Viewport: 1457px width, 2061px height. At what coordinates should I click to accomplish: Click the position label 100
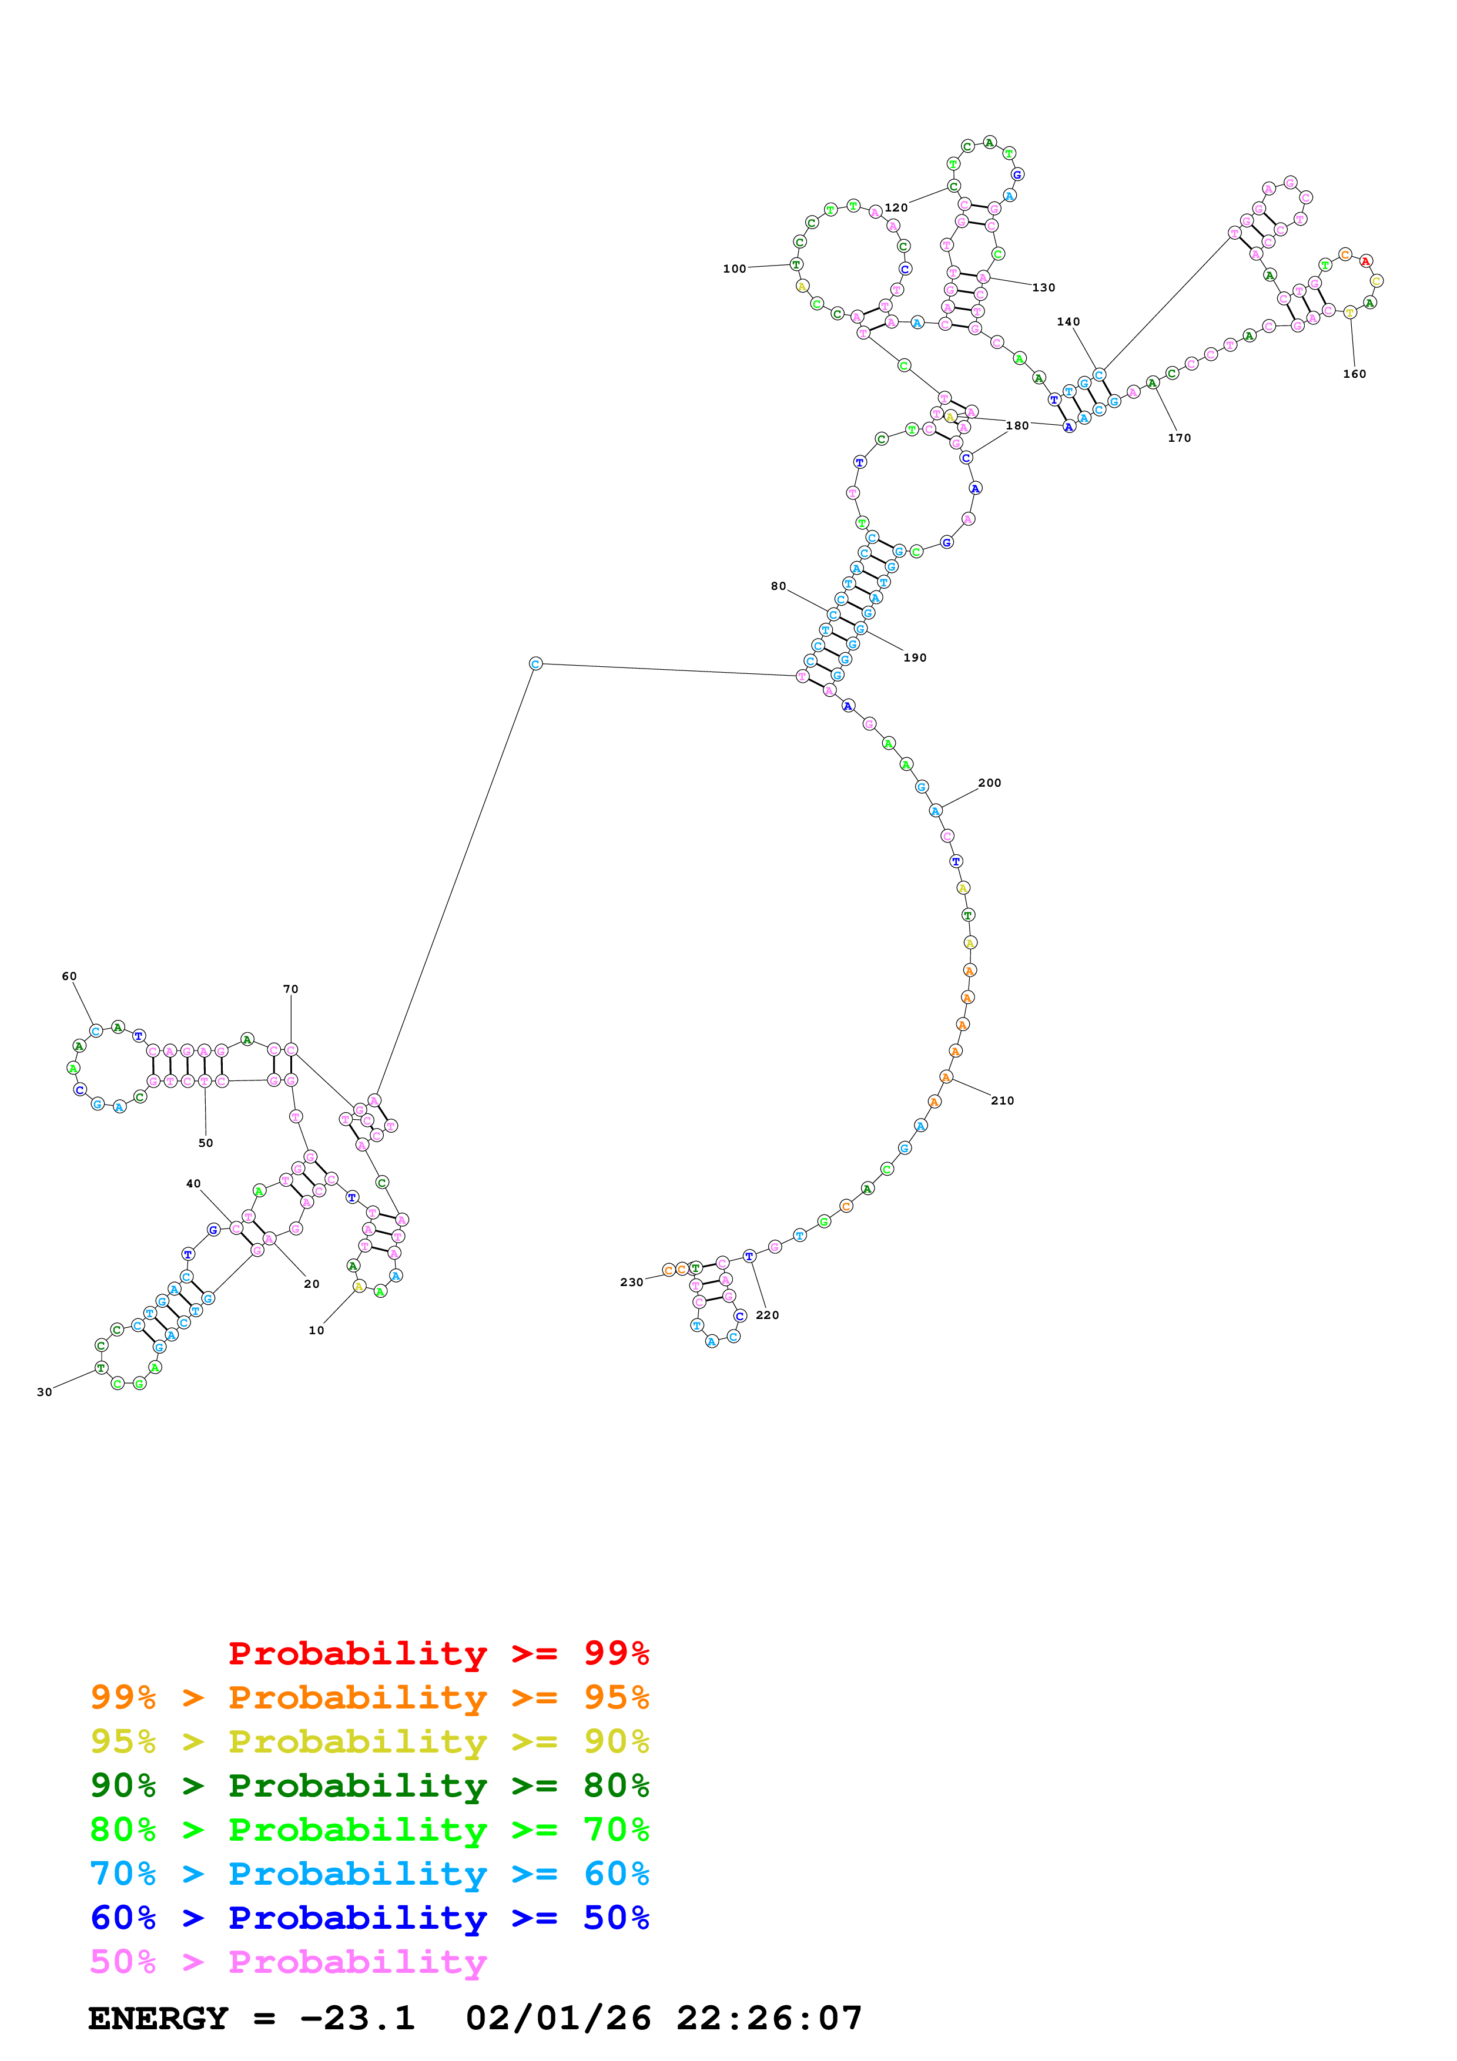[x=733, y=268]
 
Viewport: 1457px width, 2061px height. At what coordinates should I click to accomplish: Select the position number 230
[x=631, y=1282]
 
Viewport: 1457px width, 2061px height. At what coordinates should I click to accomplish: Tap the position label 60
[x=69, y=976]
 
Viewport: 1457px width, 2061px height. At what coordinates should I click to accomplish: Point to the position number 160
[x=1354, y=374]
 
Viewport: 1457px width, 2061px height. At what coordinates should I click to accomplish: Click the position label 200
[x=989, y=783]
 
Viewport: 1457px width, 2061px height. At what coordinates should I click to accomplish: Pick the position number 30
[x=44, y=1392]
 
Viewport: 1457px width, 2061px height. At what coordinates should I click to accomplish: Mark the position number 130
[x=1043, y=287]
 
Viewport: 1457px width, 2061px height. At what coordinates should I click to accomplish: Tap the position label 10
[x=316, y=1330]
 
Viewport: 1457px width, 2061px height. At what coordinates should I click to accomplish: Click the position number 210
[x=1002, y=1100]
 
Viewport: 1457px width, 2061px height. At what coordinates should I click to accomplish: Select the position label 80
[x=778, y=586]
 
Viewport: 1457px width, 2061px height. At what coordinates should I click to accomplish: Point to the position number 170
[x=1179, y=438]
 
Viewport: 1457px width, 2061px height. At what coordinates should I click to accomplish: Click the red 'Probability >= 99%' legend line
[x=438, y=1653]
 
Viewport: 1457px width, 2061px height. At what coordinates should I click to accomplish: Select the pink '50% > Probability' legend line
[x=288, y=1962]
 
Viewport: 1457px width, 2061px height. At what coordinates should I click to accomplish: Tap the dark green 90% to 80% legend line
[x=369, y=1785]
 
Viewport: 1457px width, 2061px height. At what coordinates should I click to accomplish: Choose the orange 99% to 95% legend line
[x=369, y=1697]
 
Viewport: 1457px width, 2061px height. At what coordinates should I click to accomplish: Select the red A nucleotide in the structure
[x=1365, y=261]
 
